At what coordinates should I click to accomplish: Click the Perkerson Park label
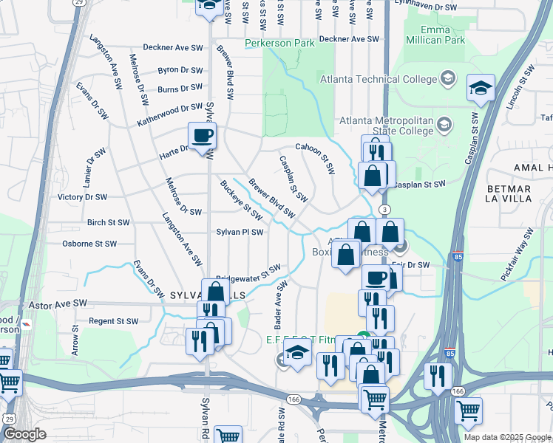click(x=280, y=44)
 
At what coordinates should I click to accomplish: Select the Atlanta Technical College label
click(x=379, y=79)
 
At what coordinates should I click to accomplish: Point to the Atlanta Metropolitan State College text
click(x=385, y=126)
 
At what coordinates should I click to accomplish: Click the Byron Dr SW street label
click(x=180, y=71)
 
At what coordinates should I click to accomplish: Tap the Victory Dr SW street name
click(x=83, y=197)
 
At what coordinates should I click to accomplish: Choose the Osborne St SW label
click(x=89, y=244)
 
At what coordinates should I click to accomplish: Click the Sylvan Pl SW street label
click(x=240, y=232)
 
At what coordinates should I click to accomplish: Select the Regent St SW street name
click(x=113, y=321)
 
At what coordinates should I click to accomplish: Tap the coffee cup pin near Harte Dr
click(x=202, y=136)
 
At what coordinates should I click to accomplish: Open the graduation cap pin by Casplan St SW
click(x=481, y=89)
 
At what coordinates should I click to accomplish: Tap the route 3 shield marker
click(x=385, y=210)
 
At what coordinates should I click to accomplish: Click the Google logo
click(x=24, y=434)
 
